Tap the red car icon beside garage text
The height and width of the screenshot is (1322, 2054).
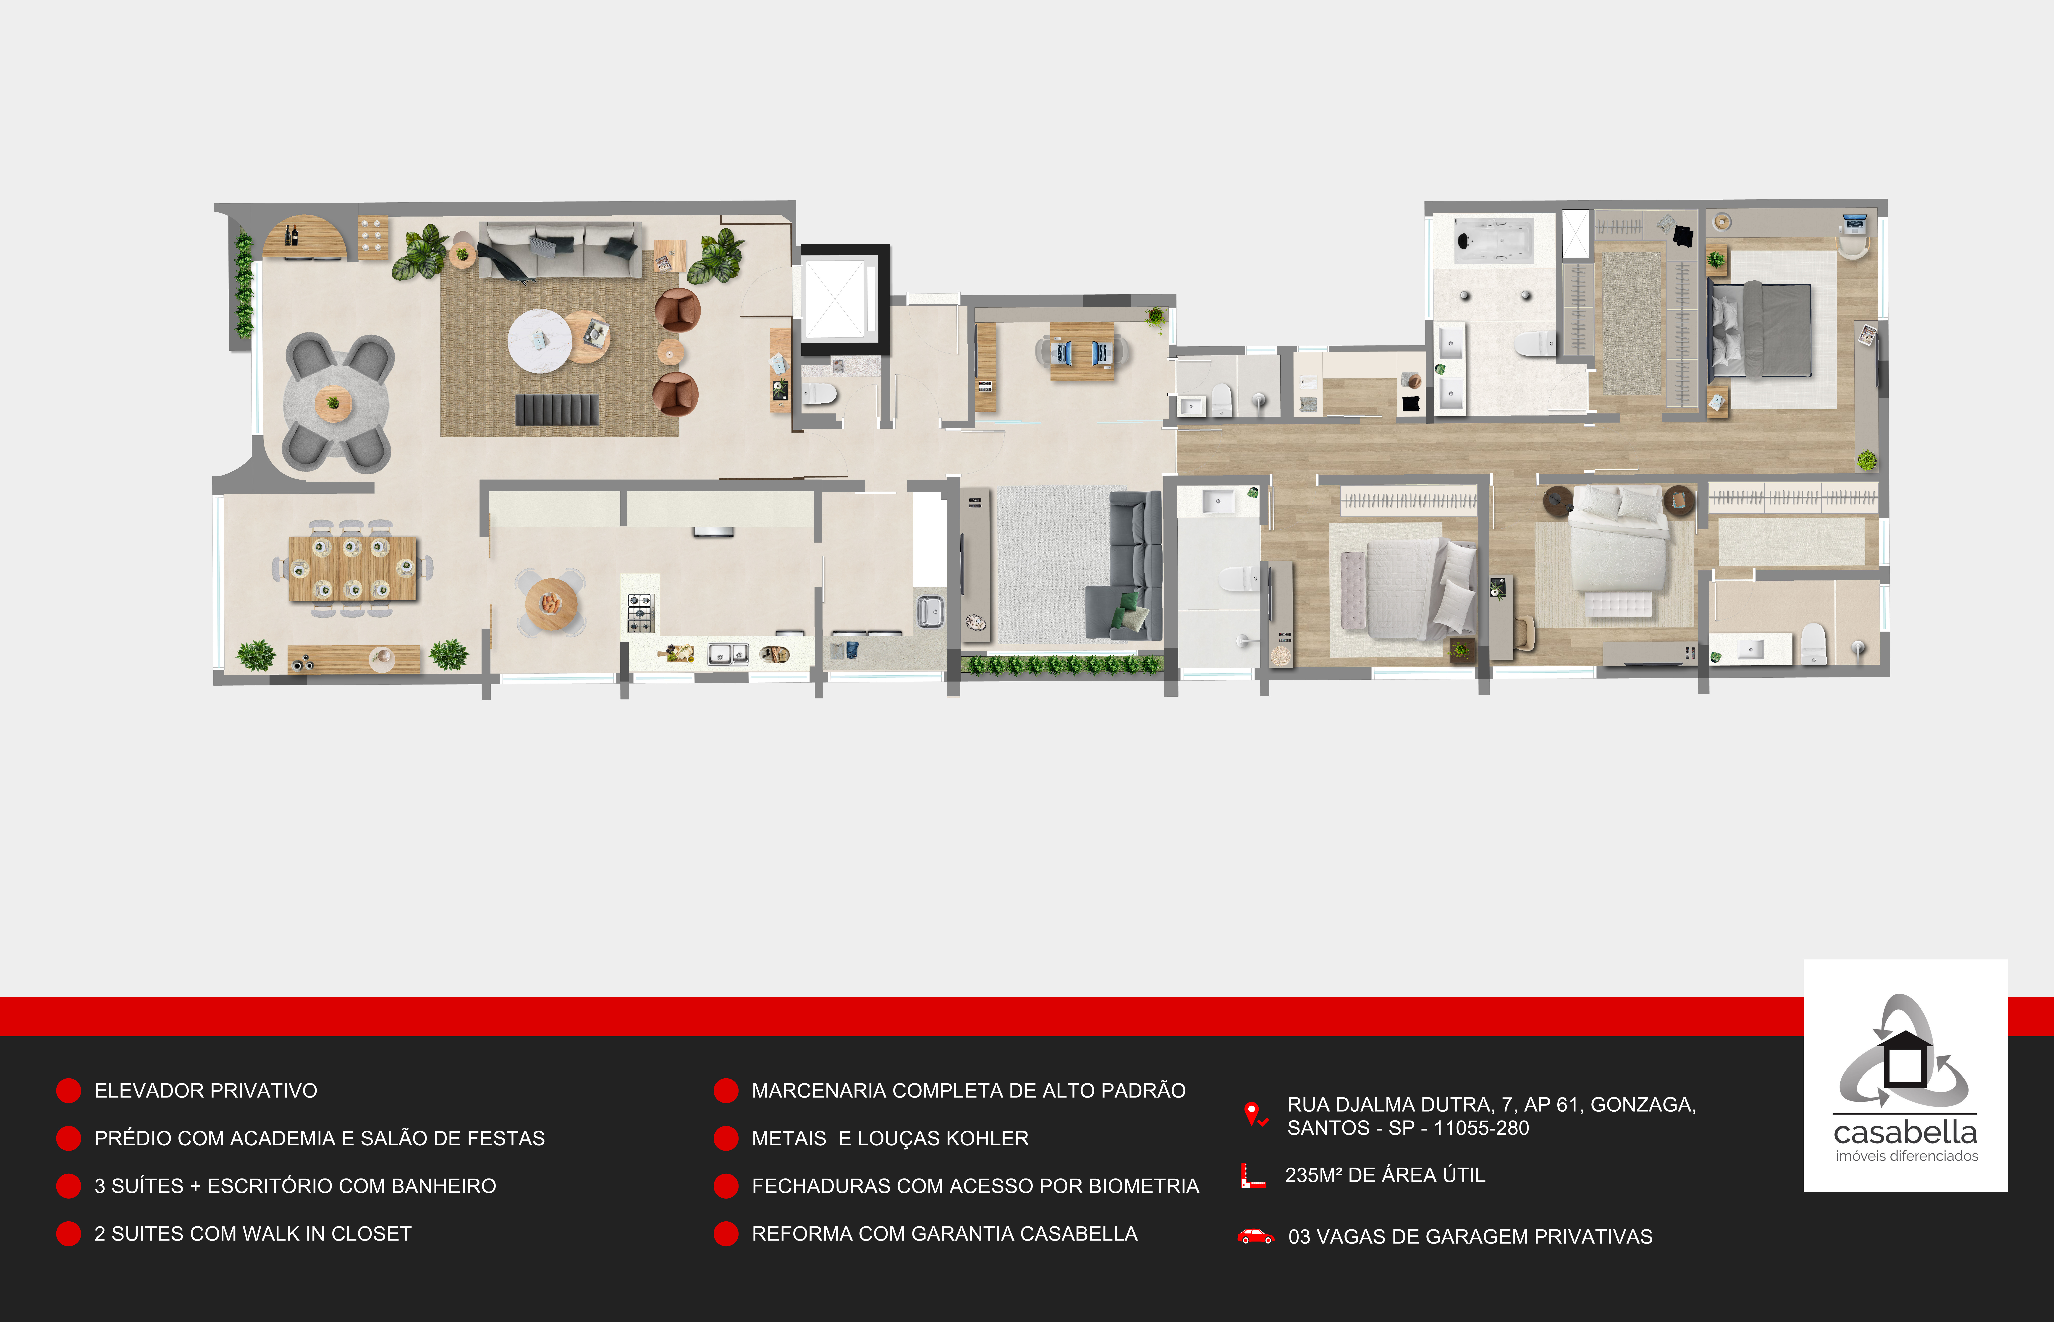tap(1255, 1236)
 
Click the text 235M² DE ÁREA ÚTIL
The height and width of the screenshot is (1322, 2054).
tap(1385, 1175)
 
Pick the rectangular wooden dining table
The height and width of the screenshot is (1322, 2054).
tap(353, 568)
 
